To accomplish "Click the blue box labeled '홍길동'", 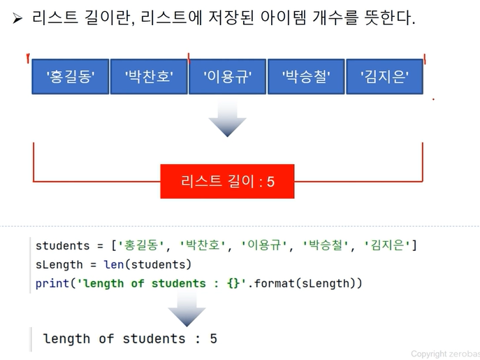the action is click(71, 77).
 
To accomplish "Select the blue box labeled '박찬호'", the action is click(149, 77).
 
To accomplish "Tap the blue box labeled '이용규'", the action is click(228, 77).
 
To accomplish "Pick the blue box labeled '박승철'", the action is click(306, 77).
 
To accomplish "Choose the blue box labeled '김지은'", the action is click(384, 77).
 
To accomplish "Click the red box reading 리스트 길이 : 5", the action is click(227, 181).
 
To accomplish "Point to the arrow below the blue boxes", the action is click(228, 119).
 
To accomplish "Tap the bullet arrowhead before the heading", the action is click(17, 18).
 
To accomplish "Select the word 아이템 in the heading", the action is click(283, 17).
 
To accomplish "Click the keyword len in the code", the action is click(114, 264).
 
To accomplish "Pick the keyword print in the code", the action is click(52, 284).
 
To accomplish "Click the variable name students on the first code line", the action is click(62, 246).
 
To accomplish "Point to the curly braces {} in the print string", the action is click(233, 283).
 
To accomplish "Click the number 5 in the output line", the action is click(213, 339).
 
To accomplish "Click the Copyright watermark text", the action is click(445, 354).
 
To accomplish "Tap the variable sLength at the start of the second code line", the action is click(59, 265).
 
